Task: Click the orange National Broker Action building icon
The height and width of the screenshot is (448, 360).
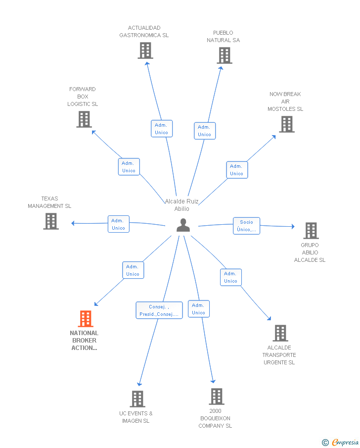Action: pyautogui.click(x=86, y=319)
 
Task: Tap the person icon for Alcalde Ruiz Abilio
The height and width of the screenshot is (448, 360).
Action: pyautogui.click(x=183, y=225)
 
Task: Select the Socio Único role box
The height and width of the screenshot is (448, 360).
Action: pyautogui.click(x=246, y=226)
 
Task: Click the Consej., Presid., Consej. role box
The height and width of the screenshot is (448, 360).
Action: pyautogui.click(x=159, y=310)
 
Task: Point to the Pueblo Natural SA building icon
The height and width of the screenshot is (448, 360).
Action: pyautogui.click(x=225, y=55)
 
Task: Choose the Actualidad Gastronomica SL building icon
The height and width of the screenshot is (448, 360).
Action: pyautogui.click(x=145, y=50)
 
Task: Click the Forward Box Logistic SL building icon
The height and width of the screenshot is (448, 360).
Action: pyautogui.click(x=84, y=119)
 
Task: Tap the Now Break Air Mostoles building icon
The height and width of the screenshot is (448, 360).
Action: pyautogui.click(x=287, y=124)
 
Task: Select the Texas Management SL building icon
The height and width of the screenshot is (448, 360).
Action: pyautogui.click(x=51, y=221)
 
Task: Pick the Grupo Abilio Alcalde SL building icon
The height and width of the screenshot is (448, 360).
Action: pyautogui.click(x=311, y=231)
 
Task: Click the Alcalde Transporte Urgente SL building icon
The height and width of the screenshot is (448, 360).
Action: pyautogui.click(x=280, y=333)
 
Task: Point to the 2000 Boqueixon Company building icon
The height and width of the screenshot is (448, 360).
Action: pyautogui.click(x=217, y=397)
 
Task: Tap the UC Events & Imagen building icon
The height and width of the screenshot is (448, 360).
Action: pyautogui.click(x=137, y=399)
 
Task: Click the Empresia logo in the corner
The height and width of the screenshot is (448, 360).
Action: pyautogui.click(x=340, y=442)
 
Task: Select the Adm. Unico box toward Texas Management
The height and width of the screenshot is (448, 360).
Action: pyautogui.click(x=119, y=224)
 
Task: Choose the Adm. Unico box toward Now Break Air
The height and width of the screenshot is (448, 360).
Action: pyautogui.click(x=237, y=170)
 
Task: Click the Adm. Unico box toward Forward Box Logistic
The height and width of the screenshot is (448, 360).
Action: pyautogui.click(x=129, y=166)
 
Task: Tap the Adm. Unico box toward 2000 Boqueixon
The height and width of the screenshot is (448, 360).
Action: pyautogui.click(x=199, y=308)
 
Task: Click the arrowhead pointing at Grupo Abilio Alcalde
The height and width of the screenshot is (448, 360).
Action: pyautogui.click(x=293, y=226)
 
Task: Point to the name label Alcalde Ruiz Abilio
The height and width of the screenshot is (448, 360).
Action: pyautogui.click(x=182, y=205)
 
